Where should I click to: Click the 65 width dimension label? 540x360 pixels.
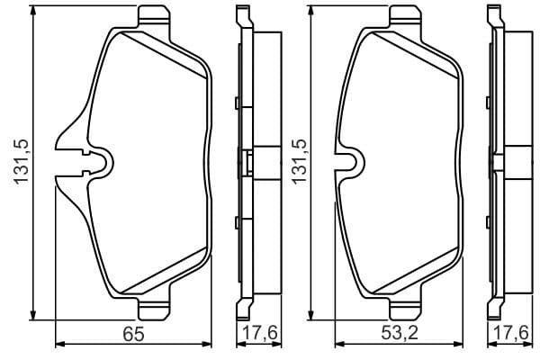tap(133, 334)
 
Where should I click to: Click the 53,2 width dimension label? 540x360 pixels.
tap(400, 334)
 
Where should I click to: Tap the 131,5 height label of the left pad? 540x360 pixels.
tap(21, 162)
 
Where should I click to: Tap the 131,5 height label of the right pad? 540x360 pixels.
tap(300, 162)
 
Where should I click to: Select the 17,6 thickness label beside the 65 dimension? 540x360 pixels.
tap(260, 334)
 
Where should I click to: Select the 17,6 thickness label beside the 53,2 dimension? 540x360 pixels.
tap(511, 334)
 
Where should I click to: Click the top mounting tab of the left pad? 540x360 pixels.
tap(154, 16)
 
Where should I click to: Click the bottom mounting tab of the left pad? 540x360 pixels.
tap(154, 310)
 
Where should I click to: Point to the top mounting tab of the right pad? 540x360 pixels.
tap(405, 16)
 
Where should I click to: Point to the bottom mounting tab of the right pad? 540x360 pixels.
tap(405, 310)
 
